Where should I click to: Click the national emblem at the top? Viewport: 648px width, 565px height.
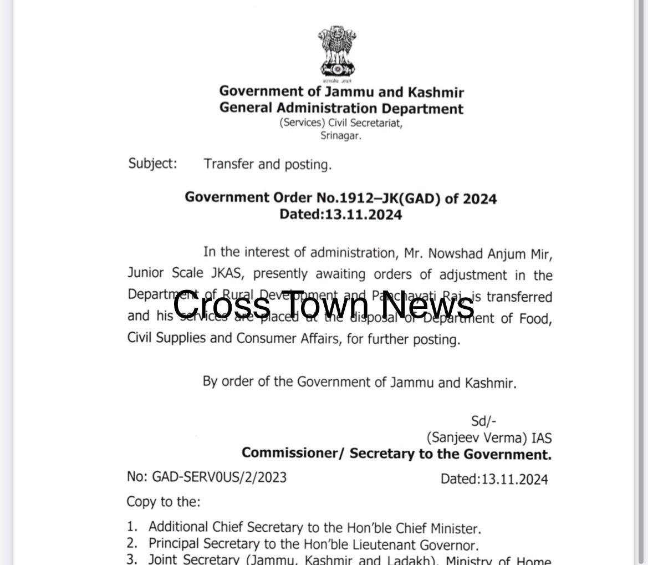[x=336, y=52]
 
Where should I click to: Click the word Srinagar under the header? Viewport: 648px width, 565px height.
[x=340, y=135]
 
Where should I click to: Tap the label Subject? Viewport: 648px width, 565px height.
[x=153, y=164]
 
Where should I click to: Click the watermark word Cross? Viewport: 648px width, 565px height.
[x=222, y=306]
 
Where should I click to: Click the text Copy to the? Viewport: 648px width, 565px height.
[x=164, y=502]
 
